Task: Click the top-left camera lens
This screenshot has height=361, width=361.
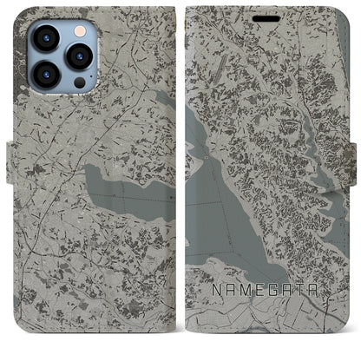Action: click(x=44, y=39)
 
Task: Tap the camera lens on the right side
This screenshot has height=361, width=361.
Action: click(x=80, y=57)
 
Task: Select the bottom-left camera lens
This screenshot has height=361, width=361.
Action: click(x=45, y=75)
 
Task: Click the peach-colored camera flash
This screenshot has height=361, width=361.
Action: click(x=79, y=31)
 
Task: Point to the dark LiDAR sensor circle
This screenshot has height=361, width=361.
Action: click(x=79, y=84)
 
